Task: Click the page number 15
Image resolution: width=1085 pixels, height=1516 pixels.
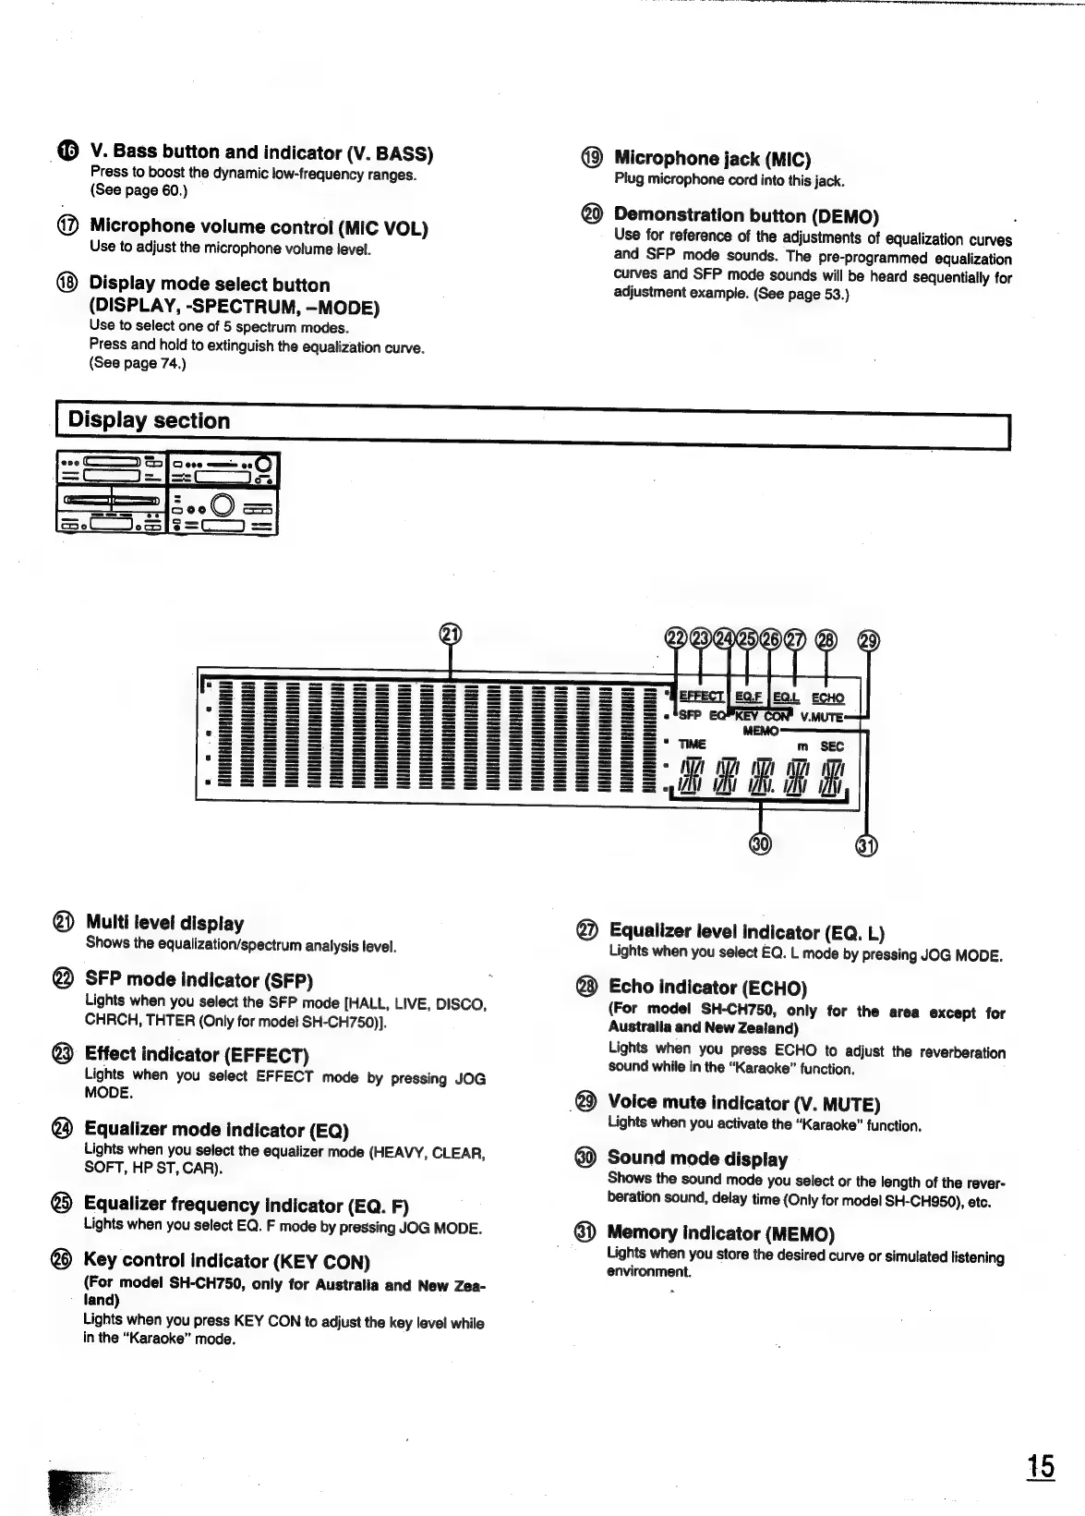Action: click(x=1041, y=1466)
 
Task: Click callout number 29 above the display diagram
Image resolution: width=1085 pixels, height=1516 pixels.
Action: click(x=869, y=640)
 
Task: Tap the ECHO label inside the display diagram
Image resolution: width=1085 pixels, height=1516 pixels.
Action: click(x=827, y=698)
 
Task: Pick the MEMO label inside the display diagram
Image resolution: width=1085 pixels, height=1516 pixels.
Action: click(x=760, y=731)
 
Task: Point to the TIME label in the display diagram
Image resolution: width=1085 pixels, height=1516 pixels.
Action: click(x=692, y=745)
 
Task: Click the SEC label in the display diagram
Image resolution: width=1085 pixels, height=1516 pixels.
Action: click(x=832, y=746)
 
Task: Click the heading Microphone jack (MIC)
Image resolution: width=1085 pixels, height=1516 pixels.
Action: click(x=712, y=159)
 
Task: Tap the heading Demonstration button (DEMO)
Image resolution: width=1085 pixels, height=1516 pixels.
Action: click(x=746, y=216)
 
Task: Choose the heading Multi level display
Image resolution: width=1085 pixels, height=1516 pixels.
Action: click(x=164, y=923)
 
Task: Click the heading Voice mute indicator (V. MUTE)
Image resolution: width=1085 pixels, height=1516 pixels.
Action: click(x=743, y=1103)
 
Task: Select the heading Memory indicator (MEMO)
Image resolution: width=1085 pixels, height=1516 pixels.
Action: click(x=720, y=1233)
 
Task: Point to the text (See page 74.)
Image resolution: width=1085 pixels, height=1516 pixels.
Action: click(x=138, y=364)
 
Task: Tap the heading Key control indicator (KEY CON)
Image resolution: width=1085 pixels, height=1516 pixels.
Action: click(x=226, y=1261)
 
